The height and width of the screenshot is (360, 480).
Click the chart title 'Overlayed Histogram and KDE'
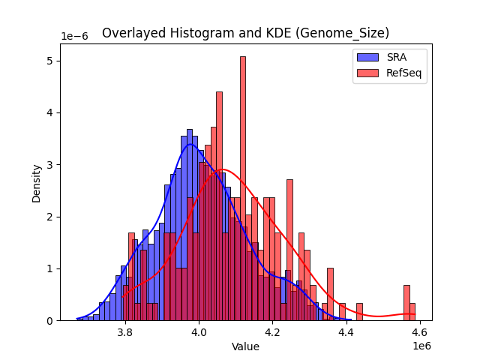tap(245, 33)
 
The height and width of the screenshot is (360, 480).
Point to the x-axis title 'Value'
tap(245, 346)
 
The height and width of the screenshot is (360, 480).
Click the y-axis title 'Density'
tap(36, 182)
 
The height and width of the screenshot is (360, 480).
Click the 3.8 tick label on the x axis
tap(125, 331)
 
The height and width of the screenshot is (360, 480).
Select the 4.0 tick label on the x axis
tap(199, 331)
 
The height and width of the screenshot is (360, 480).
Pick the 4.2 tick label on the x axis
tap(272, 331)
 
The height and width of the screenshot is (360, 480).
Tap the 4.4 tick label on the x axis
tap(346, 331)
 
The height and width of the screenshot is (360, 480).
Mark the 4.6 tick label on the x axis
tap(419, 331)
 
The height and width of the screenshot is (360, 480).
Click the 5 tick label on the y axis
tap(49, 61)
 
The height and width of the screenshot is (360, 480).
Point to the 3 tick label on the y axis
tap(49, 165)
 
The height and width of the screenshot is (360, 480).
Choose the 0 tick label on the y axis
tap(49, 321)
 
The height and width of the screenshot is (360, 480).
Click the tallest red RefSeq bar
tap(243, 187)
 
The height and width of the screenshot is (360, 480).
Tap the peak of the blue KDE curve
tap(190, 144)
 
